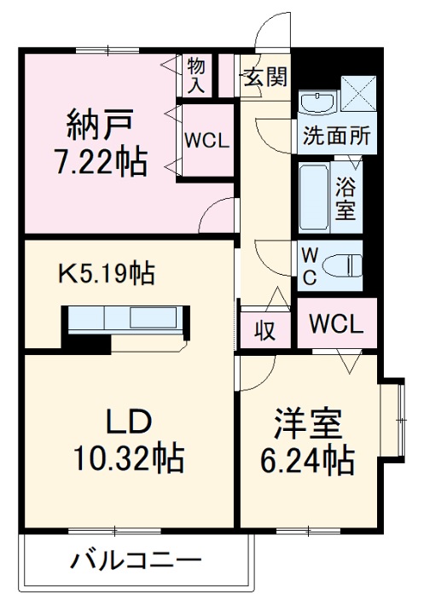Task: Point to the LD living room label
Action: point(128,422)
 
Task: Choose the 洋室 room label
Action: point(308,424)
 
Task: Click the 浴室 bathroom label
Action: point(345,197)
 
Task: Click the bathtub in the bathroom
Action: point(313,198)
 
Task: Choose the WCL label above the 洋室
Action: point(336,324)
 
